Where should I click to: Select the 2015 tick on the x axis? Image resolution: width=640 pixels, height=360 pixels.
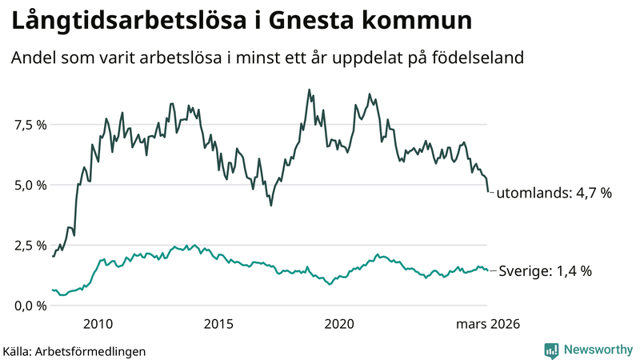pyautogui.click(x=218, y=324)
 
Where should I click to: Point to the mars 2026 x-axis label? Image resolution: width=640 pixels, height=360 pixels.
pyautogui.click(x=488, y=324)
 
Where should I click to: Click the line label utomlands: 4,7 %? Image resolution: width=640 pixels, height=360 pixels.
pyautogui.click(x=554, y=193)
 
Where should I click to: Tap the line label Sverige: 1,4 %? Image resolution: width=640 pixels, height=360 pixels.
pyautogui.click(x=546, y=271)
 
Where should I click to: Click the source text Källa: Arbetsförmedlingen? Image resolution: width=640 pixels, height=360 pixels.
pyautogui.click(x=75, y=350)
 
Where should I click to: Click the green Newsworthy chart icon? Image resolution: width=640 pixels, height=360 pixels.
pyautogui.click(x=551, y=350)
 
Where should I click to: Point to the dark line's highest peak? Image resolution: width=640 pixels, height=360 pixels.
pyautogui.click(x=309, y=90)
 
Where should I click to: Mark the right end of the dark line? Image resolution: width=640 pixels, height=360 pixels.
pyautogui.click(x=488, y=192)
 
